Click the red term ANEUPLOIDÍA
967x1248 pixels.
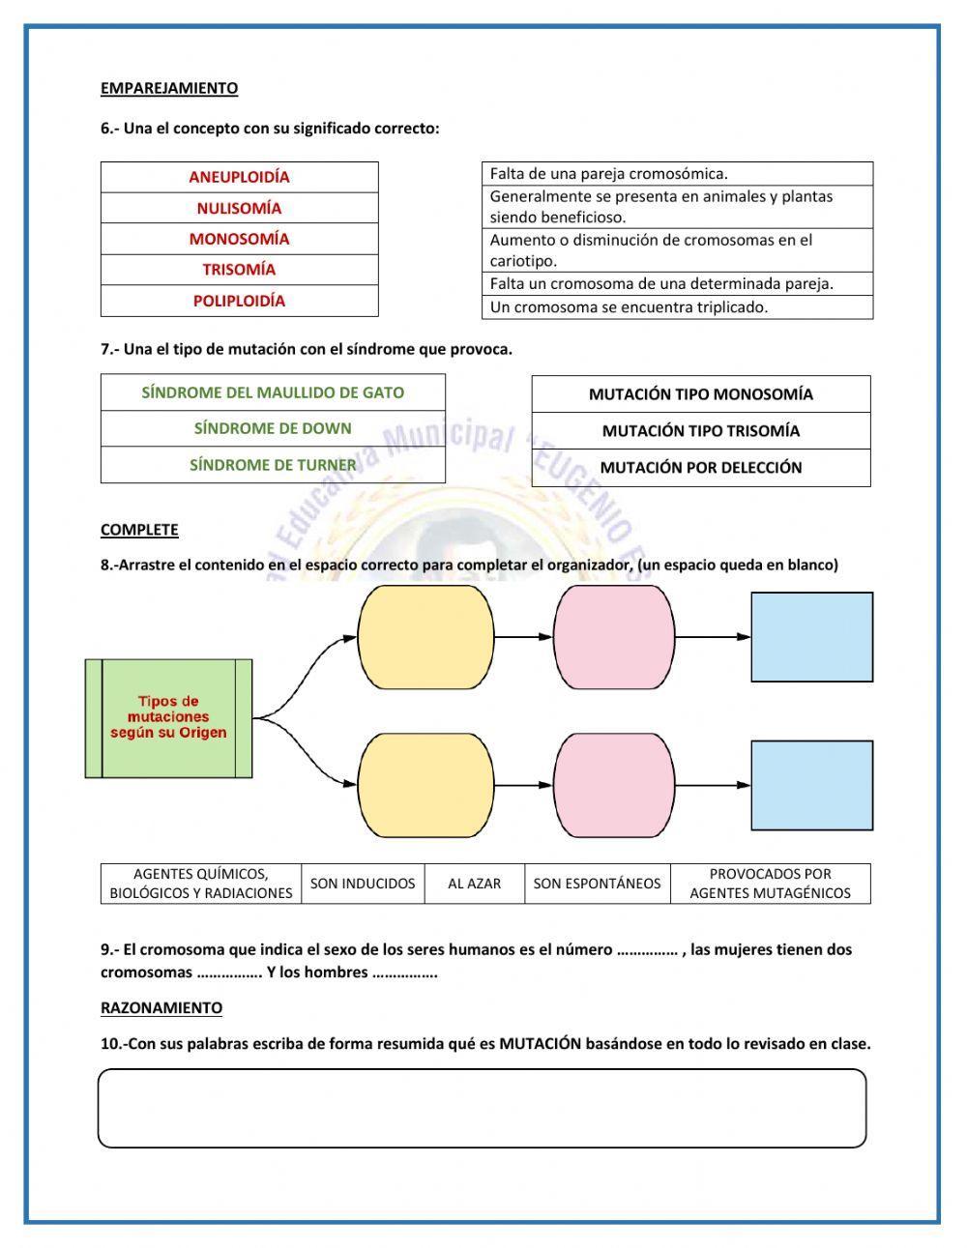click(239, 177)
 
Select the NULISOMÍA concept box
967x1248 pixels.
click(239, 208)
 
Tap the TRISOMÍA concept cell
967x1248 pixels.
click(239, 270)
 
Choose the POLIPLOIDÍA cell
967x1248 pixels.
click(239, 301)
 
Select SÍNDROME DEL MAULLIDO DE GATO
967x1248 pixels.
click(273, 392)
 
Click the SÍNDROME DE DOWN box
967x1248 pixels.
click(273, 428)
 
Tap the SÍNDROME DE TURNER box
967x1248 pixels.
click(273, 465)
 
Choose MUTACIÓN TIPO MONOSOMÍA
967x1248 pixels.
click(701, 394)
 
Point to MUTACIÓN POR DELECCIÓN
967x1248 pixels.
click(701, 468)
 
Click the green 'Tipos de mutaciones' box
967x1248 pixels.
click(169, 717)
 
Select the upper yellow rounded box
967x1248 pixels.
click(426, 637)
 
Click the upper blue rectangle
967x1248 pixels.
click(812, 637)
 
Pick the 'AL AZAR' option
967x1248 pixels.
click(475, 884)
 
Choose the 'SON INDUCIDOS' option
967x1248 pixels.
click(363, 884)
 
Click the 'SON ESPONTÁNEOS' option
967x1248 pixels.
click(598, 884)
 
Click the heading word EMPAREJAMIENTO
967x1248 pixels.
click(169, 88)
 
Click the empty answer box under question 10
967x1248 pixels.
click(482, 1108)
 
